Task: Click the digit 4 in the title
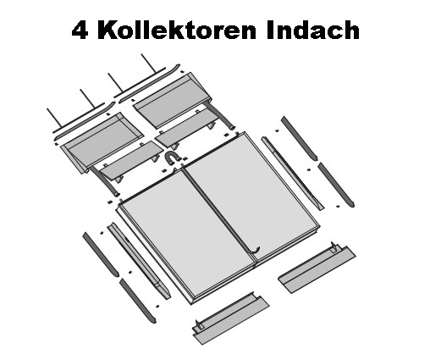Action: (x=80, y=30)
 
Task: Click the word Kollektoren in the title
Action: (x=177, y=30)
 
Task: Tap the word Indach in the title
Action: (x=312, y=30)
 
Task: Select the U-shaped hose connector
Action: (x=172, y=158)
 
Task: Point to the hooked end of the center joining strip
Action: (x=256, y=250)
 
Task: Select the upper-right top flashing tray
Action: (x=173, y=101)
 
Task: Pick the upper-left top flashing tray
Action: (x=102, y=143)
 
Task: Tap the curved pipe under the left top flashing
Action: (x=104, y=181)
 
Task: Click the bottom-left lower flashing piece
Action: (x=231, y=319)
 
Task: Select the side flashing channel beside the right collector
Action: (x=293, y=173)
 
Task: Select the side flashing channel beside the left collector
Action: (x=139, y=261)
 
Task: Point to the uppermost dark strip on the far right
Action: (x=299, y=138)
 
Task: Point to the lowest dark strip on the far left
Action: (x=137, y=301)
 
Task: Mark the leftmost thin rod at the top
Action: (x=54, y=118)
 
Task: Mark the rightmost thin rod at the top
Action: (x=148, y=63)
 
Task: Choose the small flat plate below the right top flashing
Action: (x=187, y=128)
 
